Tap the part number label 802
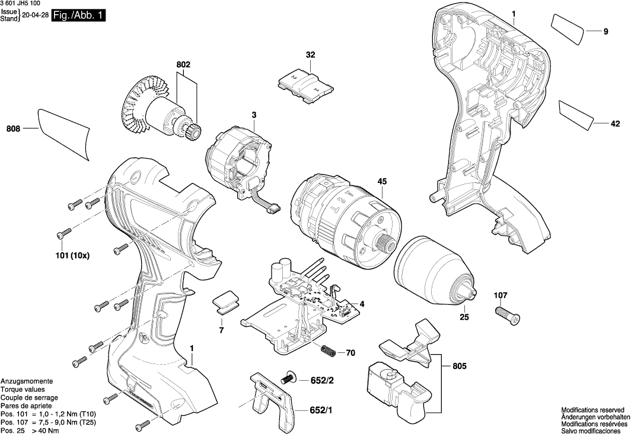[183, 65]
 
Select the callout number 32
[310, 55]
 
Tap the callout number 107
[501, 295]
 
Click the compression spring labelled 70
[328, 350]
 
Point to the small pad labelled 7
[224, 301]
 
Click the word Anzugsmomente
[27, 381]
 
